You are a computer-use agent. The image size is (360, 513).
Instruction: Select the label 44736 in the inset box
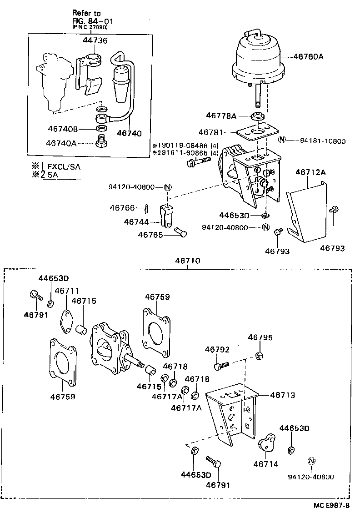click(95, 41)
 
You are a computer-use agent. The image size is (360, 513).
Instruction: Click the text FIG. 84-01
click(93, 21)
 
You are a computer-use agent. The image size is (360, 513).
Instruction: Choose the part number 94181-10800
click(322, 141)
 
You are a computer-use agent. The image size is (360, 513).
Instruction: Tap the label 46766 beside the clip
click(122, 208)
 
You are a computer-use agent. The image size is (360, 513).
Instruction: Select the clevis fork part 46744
click(167, 216)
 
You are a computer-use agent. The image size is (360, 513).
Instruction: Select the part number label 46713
click(282, 395)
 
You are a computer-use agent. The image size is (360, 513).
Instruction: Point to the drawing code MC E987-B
click(331, 505)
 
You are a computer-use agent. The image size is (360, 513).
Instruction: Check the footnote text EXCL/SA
click(64, 167)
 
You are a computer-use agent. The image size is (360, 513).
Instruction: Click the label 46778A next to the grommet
click(221, 116)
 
